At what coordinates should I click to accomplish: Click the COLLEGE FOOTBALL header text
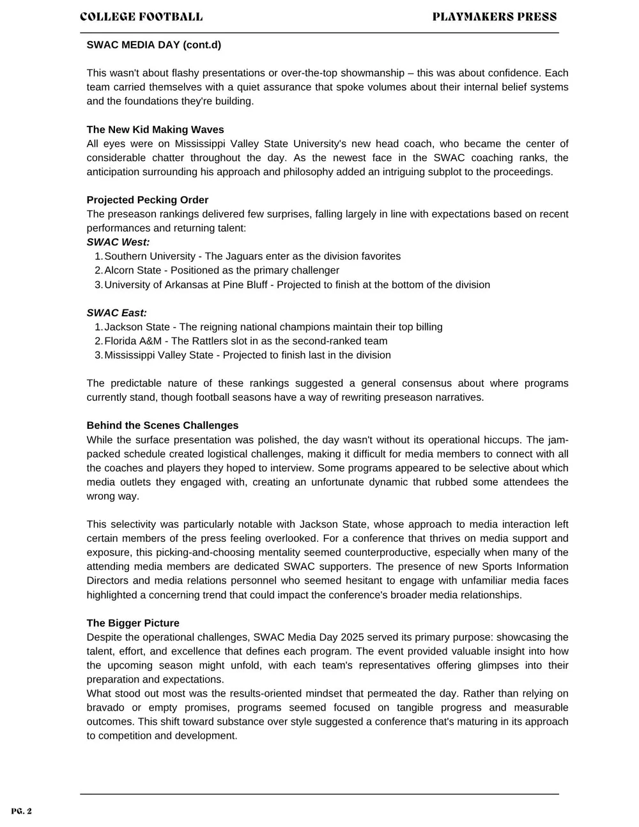[141, 17]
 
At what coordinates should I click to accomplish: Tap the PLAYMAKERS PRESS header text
[494, 17]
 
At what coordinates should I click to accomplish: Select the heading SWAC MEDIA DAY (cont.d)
[153, 45]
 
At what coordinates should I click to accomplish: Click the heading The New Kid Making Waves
[155, 130]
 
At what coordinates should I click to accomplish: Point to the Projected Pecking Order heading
[148, 200]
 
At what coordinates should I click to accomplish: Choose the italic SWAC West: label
[118, 242]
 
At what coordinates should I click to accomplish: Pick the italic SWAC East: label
[117, 313]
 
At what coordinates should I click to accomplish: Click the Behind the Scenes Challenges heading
[162, 426]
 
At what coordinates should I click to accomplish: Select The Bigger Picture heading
[133, 623]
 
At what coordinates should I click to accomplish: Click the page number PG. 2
[21, 812]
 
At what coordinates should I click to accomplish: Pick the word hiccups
[501, 440]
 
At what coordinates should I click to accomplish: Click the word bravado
[107, 707]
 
